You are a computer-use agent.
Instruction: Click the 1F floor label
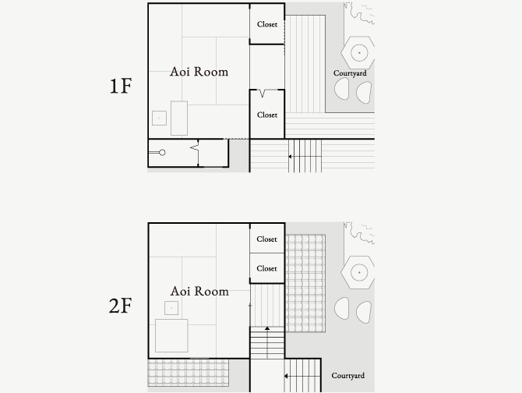[x=121, y=86]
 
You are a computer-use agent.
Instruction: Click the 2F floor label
[x=121, y=306]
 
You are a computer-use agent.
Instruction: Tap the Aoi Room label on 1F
[x=199, y=72]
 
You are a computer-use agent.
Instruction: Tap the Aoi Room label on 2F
[x=199, y=291]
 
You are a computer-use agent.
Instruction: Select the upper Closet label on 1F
[x=267, y=24]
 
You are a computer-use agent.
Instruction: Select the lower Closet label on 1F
[x=267, y=115]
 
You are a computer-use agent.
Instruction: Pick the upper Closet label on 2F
[x=266, y=239]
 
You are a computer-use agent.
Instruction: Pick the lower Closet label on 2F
[x=266, y=268]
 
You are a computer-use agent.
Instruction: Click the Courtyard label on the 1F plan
[x=350, y=73]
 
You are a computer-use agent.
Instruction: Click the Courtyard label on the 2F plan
[x=348, y=376]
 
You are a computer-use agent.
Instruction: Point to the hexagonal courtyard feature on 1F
[x=358, y=52]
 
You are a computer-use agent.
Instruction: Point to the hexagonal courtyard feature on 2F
[x=358, y=272]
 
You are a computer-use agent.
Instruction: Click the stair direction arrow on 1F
[x=291, y=157]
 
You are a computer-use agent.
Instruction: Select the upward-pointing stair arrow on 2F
[x=267, y=329]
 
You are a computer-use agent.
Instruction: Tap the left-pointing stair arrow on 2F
[x=286, y=376]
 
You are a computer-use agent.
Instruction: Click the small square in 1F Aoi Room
[x=159, y=119]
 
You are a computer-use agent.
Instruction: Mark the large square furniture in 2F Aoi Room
[x=171, y=336]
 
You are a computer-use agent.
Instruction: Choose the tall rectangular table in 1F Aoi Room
[x=179, y=119]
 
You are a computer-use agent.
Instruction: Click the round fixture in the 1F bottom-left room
[x=162, y=153]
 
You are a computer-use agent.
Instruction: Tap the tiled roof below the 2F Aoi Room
[x=188, y=373]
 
